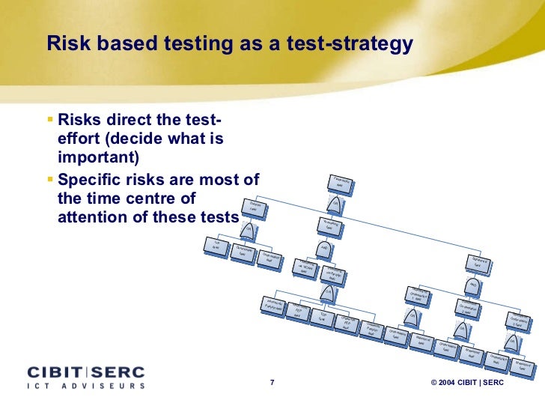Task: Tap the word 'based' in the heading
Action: (120, 44)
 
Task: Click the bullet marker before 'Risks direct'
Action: (49, 119)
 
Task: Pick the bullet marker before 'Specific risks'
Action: (49, 179)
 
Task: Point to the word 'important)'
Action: (98, 158)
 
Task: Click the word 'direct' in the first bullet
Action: (136, 121)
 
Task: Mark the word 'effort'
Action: (79, 139)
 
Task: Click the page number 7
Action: (272, 384)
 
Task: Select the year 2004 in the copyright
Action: (451, 384)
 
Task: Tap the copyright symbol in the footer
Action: (434, 384)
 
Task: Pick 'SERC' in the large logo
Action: (118, 372)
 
